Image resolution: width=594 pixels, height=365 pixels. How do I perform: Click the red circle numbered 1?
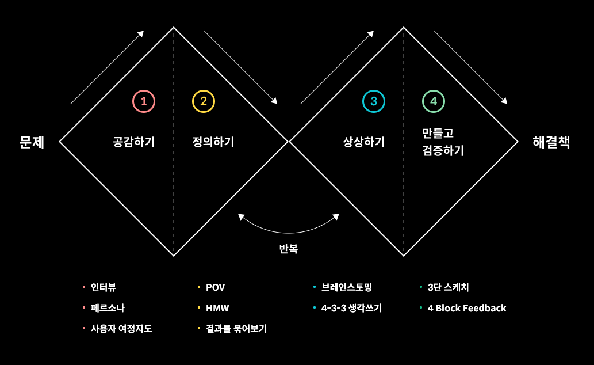click(144, 101)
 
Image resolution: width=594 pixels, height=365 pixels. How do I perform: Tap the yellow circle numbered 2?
click(203, 101)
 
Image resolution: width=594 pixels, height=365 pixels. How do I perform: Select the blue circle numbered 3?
click(373, 101)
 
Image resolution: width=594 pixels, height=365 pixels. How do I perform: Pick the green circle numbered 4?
click(433, 101)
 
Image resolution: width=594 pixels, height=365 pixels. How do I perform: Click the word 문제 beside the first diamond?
click(32, 142)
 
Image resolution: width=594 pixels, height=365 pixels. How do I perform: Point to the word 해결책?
click(551, 142)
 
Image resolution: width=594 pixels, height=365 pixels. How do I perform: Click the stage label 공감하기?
click(134, 142)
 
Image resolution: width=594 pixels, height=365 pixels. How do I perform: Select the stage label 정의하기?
click(213, 142)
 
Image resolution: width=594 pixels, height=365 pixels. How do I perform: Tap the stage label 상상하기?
click(363, 142)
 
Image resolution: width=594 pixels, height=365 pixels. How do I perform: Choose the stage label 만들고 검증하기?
click(442, 142)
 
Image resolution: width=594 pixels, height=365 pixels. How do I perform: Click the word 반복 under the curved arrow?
click(288, 249)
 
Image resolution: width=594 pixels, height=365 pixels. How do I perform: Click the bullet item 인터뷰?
click(104, 287)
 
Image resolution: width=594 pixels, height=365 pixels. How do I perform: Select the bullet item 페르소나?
click(108, 308)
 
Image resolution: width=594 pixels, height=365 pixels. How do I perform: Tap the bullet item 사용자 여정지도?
click(121, 329)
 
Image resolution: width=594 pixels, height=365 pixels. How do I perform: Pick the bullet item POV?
click(215, 287)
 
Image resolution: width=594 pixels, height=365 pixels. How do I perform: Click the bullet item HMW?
click(217, 308)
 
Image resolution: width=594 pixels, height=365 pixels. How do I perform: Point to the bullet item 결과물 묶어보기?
click(236, 329)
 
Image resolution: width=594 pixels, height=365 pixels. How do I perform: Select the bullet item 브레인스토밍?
click(347, 287)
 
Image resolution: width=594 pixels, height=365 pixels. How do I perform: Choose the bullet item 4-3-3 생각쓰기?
click(351, 308)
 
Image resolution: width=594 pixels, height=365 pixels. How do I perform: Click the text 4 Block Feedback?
click(467, 308)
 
